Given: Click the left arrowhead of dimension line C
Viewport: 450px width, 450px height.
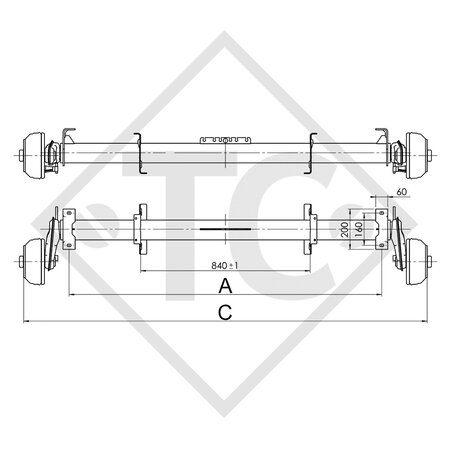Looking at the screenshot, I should (x=26, y=322).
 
